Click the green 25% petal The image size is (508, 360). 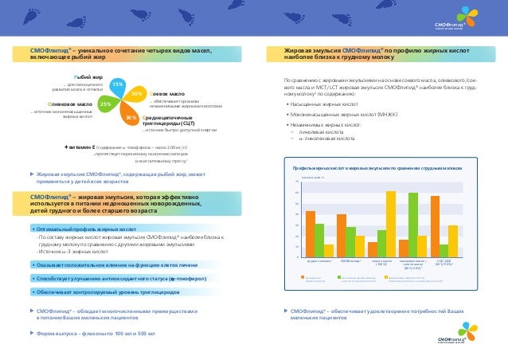coord(106,104)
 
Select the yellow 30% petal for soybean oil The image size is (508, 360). coord(137,94)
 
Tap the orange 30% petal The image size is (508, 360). coord(127,117)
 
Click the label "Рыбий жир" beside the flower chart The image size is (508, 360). coord(88,77)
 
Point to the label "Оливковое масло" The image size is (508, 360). coord(71,104)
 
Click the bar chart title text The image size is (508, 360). coord(377,170)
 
